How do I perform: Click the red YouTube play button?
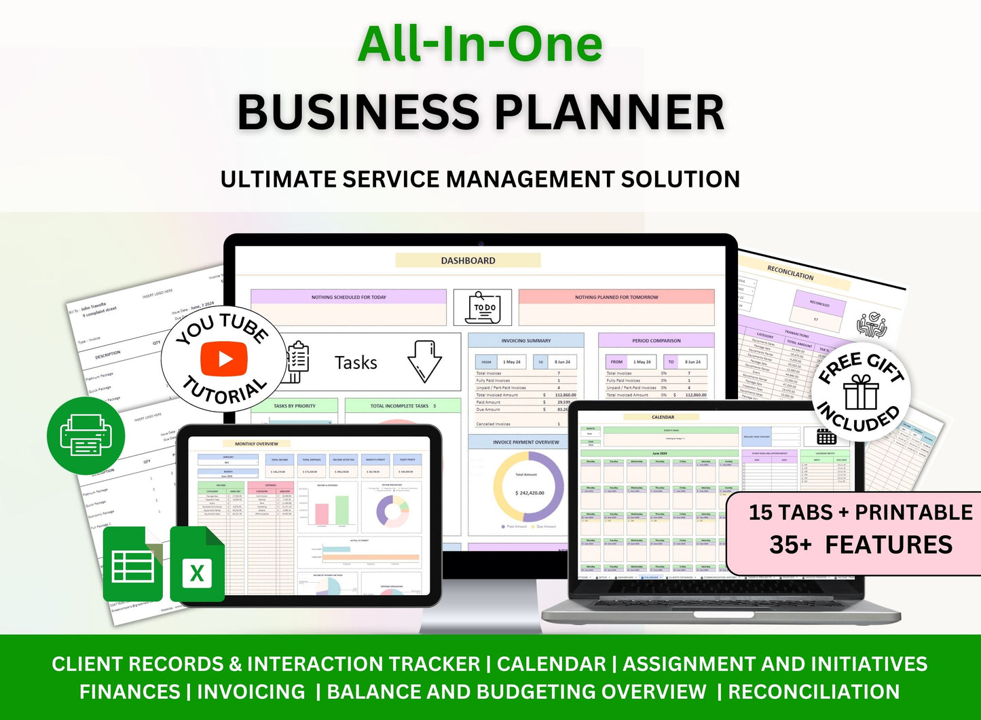click(x=224, y=359)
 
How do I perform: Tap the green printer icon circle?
click(x=86, y=436)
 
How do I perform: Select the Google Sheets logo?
click(x=132, y=564)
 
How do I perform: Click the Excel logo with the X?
click(x=197, y=564)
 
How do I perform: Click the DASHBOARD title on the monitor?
click(x=468, y=260)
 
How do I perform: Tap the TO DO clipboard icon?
click(x=483, y=308)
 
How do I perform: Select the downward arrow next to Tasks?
click(x=424, y=361)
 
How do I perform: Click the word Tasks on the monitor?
click(x=356, y=363)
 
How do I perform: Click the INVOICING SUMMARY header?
click(x=525, y=340)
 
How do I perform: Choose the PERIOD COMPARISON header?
click(x=656, y=340)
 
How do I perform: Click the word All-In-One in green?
click(x=480, y=44)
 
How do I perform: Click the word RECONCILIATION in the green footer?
click(x=813, y=691)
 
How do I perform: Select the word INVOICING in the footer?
click(x=251, y=691)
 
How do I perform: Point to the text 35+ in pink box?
click(x=790, y=545)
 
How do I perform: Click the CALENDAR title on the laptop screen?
click(x=663, y=417)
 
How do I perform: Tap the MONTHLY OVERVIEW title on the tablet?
click(x=257, y=444)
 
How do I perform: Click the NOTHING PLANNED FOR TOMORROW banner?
click(x=616, y=297)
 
